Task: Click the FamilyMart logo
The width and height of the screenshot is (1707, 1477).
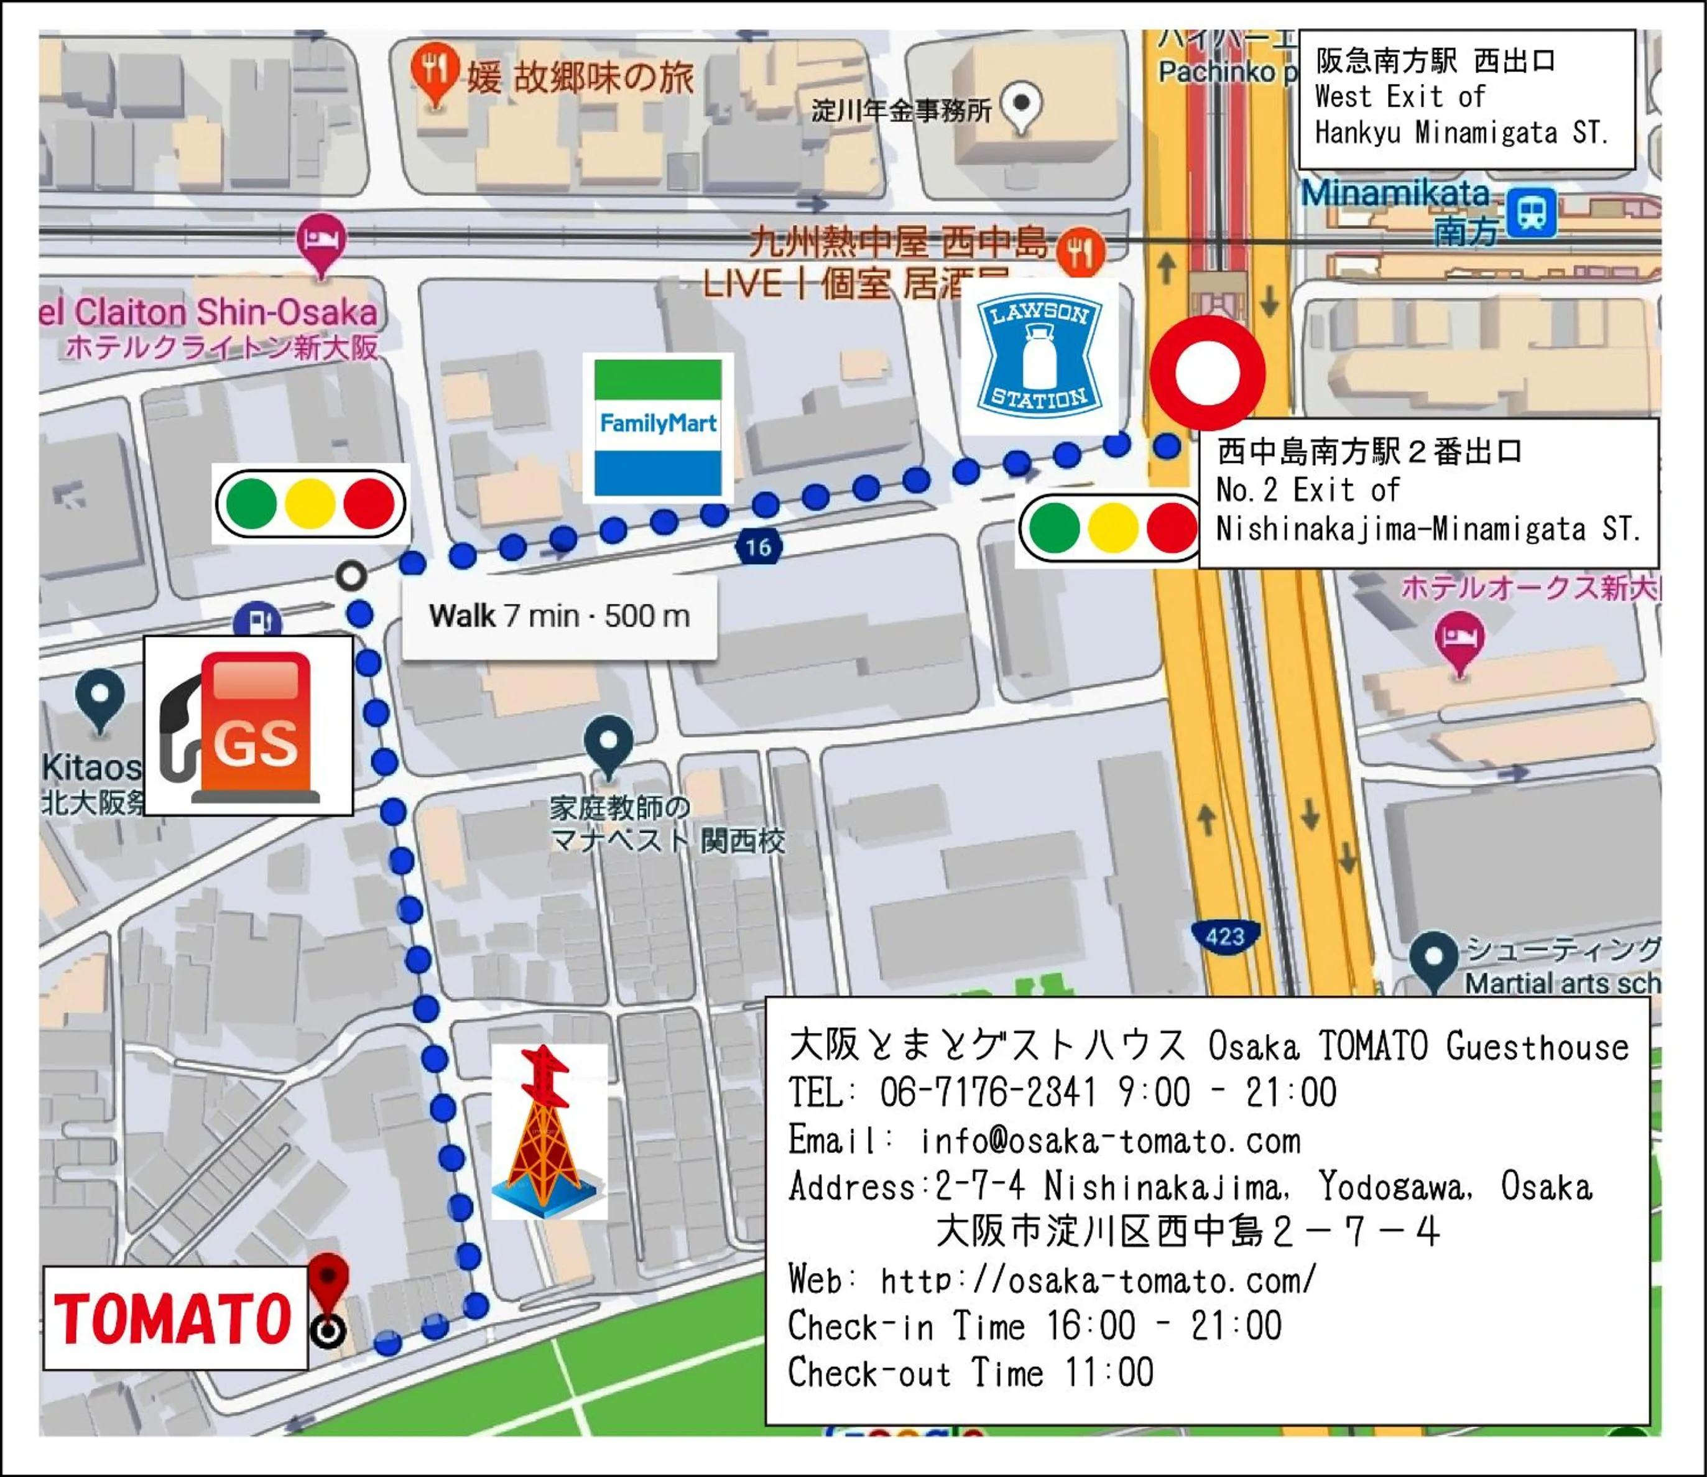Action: [658, 427]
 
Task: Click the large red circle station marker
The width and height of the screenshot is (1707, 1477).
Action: [1208, 373]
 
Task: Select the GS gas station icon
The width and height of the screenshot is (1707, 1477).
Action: [248, 725]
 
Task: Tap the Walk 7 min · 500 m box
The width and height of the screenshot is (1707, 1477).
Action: [559, 616]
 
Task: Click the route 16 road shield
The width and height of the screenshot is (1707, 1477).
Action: [757, 547]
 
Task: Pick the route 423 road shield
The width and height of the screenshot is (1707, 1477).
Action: [1225, 937]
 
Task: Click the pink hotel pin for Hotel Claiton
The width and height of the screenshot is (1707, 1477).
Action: [321, 241]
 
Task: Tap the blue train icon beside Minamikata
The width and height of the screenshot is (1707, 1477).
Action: [1532, 213]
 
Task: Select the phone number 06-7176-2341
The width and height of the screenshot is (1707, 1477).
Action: [988, 1093]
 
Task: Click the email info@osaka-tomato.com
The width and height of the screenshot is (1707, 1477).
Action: [1109, 1142]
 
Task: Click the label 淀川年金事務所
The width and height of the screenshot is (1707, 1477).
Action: [901, 111]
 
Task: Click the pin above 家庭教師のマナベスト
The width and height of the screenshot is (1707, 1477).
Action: [608, 743]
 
